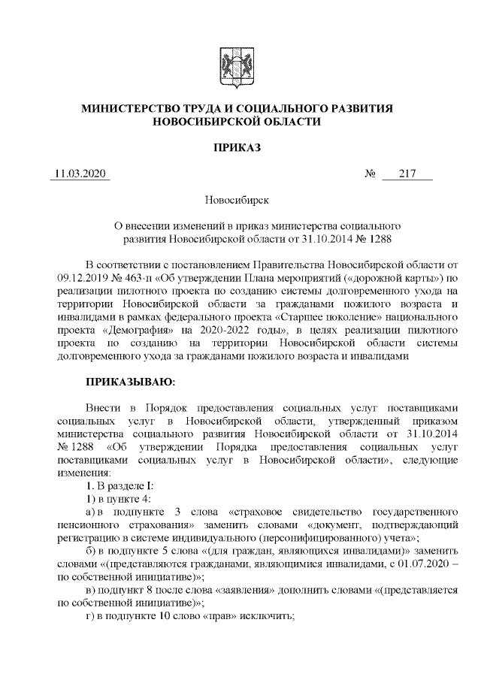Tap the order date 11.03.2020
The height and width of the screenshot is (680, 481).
click(79, 174)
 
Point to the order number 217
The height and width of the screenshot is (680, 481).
click(407, 174)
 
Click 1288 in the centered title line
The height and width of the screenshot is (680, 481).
click(373, 238)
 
